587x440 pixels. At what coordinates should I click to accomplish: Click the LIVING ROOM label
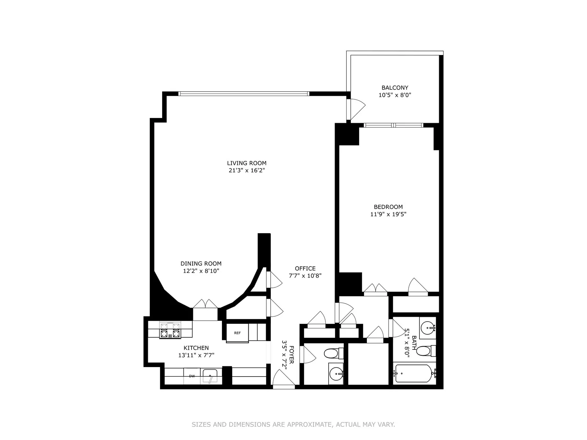pos(247,163)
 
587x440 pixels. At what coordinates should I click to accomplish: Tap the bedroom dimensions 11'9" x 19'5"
pos(388,214)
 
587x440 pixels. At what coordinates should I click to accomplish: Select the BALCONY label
pos(395,88)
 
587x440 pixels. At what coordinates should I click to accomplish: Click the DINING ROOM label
pos(201,264)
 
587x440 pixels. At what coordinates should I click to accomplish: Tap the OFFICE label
pos(305,268)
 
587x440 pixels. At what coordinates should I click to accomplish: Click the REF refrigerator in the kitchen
pos(237,333)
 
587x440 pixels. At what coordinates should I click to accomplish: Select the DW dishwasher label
pos(192,376)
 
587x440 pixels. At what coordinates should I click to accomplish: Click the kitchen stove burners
pos(170,330)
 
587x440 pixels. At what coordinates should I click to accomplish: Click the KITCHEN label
pos(196,348)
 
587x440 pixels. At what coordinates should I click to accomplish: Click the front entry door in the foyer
pos(283,379)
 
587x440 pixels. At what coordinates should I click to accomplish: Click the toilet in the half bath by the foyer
pos(332,353)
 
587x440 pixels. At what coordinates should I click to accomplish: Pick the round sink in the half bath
pos(336,375)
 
